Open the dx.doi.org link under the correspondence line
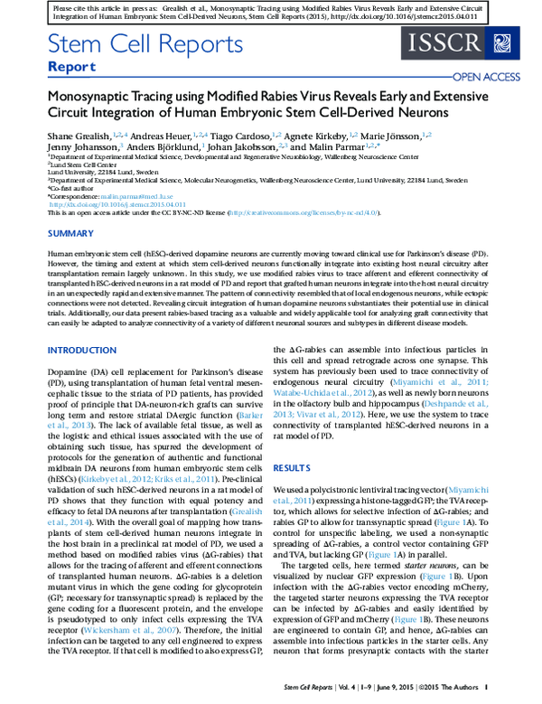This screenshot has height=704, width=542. [x=98, y=203]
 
